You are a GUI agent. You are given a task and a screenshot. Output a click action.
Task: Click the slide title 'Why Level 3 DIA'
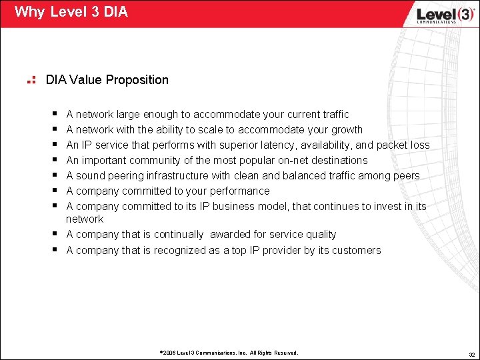71,12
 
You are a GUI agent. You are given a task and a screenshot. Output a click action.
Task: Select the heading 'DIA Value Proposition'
107,80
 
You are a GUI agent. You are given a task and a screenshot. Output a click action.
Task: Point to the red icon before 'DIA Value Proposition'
30,81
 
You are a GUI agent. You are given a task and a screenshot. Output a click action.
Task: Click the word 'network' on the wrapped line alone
85,219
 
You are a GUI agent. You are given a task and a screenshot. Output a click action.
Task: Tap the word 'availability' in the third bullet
348,145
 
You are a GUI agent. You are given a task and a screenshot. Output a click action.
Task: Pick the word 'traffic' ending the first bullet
333,115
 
